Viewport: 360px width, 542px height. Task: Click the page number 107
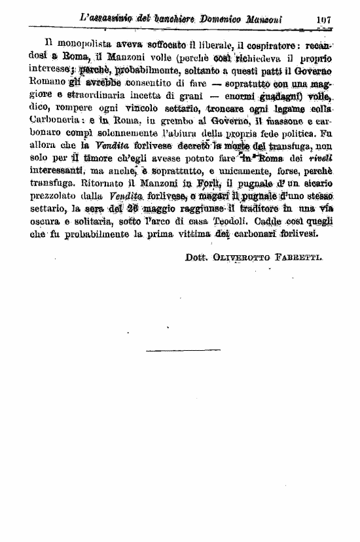[x=323, y=20]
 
